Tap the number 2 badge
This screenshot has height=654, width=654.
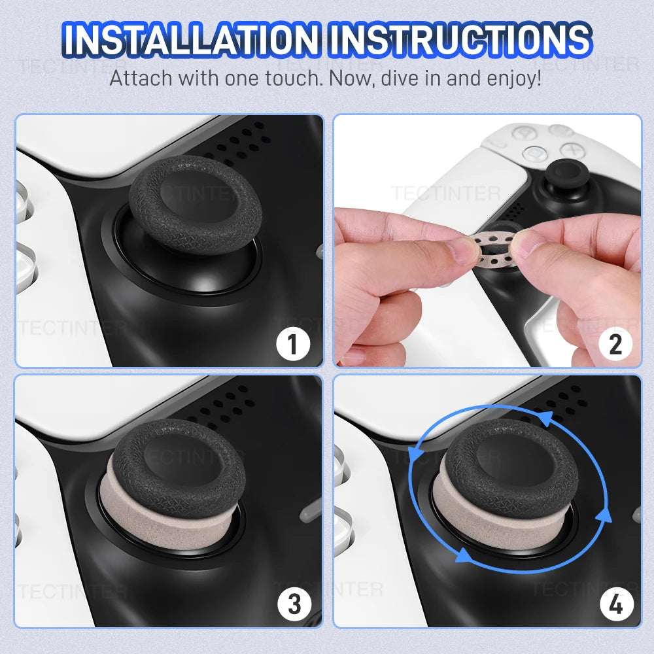[615, 344]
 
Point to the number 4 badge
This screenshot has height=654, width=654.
[615, 604]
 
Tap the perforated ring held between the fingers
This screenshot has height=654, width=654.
[495, 246]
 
